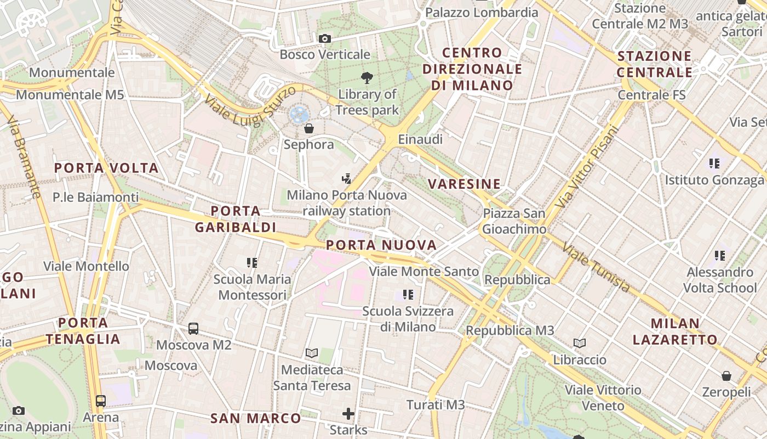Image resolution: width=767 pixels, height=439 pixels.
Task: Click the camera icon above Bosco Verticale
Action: tap(325, 38)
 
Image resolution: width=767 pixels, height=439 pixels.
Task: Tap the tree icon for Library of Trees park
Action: tap(367, 78)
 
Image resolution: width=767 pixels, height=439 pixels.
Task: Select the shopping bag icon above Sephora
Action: tap(309, 128)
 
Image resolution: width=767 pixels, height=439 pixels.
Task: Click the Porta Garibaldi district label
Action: tap(236, 219)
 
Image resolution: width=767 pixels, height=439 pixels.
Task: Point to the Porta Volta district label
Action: tap(106, 168)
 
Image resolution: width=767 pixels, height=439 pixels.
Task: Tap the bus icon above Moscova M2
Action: tap(193, 329)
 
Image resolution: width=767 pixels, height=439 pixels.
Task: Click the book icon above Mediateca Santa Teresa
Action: tap(312, 353)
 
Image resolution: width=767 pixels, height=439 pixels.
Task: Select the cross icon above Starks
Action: tap(348, 413)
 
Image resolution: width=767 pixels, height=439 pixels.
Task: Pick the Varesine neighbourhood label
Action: tap(465, 184)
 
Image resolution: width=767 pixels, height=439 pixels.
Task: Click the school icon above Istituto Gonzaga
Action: tap(714, 163)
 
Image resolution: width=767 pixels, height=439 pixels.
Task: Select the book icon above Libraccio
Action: tap(580, 344)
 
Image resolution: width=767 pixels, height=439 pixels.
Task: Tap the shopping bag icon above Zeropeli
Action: tap(726, 376)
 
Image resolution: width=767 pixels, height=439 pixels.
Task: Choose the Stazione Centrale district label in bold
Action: tap(655, 64)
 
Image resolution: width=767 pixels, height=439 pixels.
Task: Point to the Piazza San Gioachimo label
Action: tap(514, 221)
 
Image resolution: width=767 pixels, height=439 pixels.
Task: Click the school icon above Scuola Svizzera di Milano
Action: tap(408, 295)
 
